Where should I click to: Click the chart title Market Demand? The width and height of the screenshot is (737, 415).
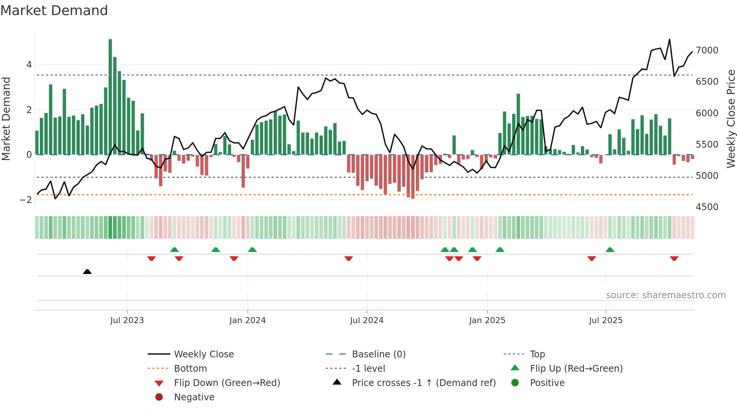coord(54,11)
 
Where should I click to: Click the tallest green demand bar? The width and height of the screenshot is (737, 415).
coord(110,96)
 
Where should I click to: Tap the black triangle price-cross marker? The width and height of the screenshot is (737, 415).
coord(87,272)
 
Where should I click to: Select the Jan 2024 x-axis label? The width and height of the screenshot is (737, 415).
coord(247,320)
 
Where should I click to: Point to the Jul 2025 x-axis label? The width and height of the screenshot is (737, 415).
coord(605,320)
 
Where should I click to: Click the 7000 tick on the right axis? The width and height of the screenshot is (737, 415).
coord(707,50)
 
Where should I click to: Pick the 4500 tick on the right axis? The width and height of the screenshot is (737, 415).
coord(707,207)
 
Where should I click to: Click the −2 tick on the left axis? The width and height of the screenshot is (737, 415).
coord(26,200)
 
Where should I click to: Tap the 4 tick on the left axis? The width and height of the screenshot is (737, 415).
coord(29,65)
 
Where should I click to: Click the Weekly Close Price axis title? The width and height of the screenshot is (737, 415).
coord(731,119)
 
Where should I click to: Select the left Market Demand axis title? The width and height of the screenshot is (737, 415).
coord(6,119)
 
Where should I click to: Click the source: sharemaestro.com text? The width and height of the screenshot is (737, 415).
coord(666,295)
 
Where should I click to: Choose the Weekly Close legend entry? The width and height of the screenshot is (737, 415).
coord(204,354)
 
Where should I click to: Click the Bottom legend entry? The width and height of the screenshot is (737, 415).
coord(190,369)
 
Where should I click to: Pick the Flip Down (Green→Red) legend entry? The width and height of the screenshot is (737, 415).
coord(227,383)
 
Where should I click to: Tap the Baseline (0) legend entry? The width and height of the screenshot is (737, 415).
coord(379,354)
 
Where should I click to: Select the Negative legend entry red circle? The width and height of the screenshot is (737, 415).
coord(159,397)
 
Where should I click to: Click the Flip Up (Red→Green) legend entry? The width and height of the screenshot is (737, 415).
coord(576,369)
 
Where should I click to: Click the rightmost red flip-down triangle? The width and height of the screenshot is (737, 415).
coord(674,258)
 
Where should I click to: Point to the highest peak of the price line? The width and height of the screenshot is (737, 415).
coord(669,40)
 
